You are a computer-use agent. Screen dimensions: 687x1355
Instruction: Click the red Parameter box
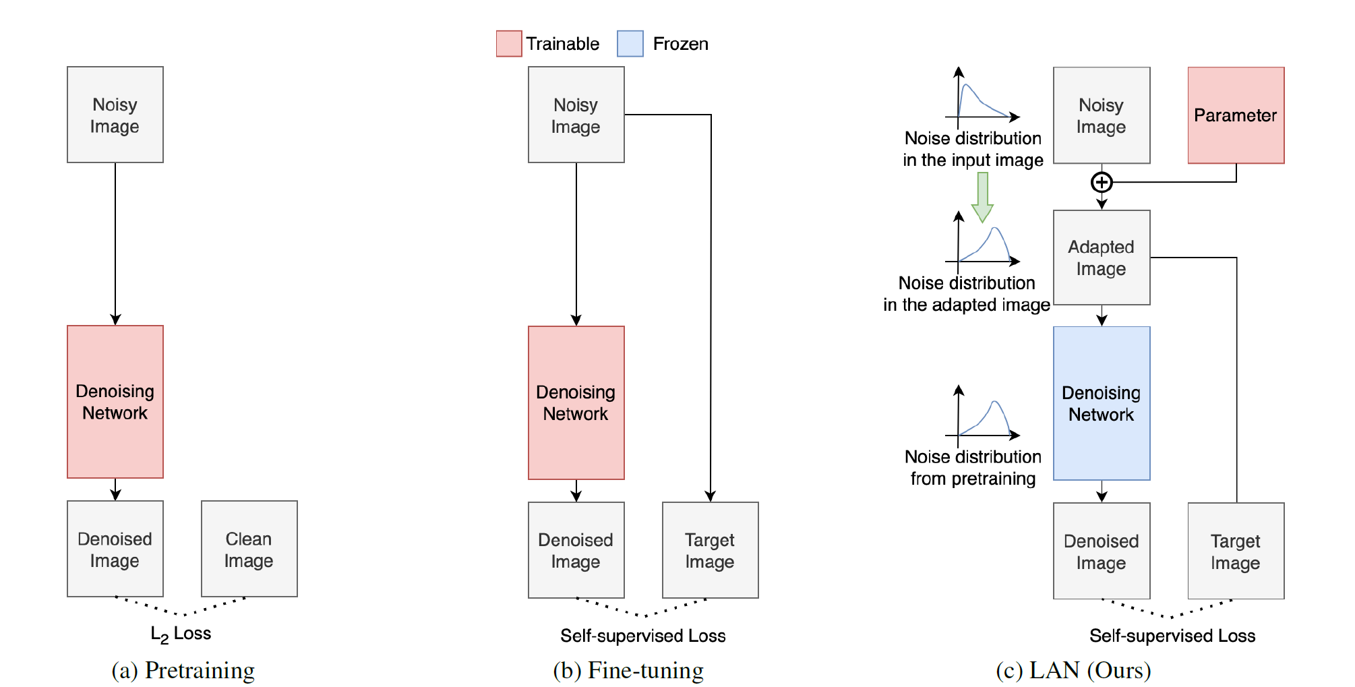[1235, 115]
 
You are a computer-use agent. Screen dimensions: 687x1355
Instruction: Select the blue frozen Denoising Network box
[1101, 403]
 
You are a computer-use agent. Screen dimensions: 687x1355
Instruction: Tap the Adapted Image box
[1101, 258]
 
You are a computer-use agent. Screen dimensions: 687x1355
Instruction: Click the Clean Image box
[249, 549]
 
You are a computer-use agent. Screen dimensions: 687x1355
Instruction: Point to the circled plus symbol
[1101, 182]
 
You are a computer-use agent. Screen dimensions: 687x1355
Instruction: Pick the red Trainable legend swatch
[508, 44]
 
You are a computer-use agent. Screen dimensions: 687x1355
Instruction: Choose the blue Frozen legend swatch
[630, 44]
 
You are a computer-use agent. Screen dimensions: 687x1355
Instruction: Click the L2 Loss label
[181, 634]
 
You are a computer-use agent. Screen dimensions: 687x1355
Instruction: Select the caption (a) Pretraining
[183, 670]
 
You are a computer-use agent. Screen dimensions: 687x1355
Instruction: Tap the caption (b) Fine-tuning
[628, 670]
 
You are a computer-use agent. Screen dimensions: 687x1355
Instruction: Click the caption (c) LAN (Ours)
[1073, 670]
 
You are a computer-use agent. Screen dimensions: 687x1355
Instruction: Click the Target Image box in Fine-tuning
[710, 550]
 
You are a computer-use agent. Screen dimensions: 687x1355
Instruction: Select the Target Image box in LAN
[1235, 551]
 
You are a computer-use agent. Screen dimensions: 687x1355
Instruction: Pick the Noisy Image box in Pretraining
[115, 115]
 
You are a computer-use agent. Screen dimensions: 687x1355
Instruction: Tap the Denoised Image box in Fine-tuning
[576, 550]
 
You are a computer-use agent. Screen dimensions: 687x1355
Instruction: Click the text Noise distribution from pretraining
[972, 468]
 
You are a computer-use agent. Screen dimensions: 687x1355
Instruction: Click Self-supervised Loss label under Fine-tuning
[642, 636]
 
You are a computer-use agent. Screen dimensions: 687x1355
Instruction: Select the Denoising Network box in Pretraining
[115, 402]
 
